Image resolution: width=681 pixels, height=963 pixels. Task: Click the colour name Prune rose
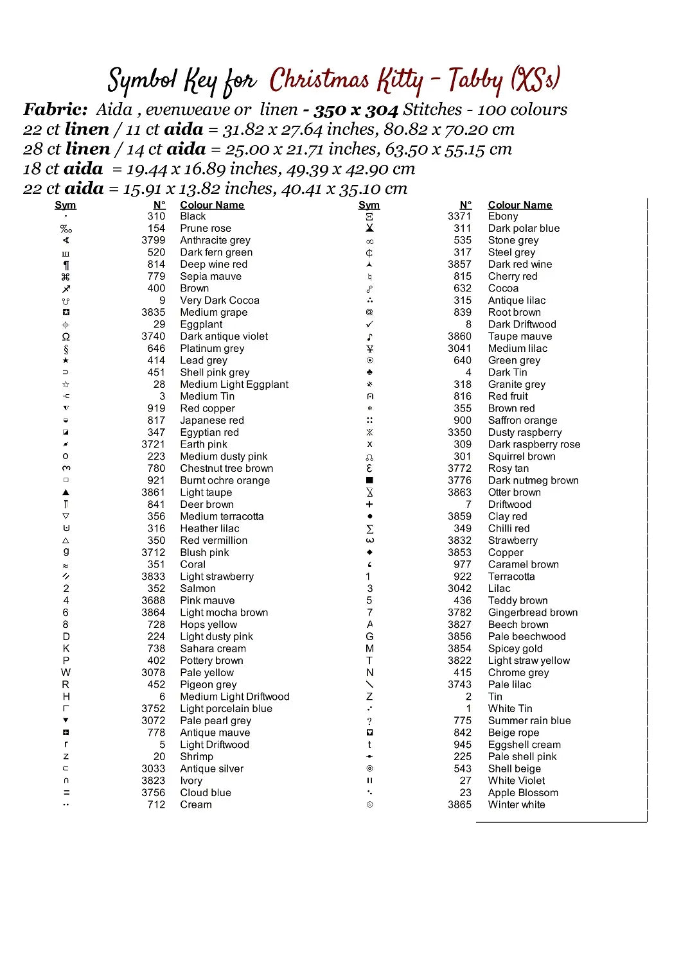(x=206, y=229)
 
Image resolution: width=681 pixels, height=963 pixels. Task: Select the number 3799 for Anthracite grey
(x=154, y=240)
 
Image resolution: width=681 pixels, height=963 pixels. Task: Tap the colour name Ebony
(x=503, y=216)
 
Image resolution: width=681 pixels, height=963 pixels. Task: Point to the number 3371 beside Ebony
(x=459, y=216)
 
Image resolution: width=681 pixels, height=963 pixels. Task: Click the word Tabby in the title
(x=475, y=81)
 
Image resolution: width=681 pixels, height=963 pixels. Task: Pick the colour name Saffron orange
(x=522, y=421)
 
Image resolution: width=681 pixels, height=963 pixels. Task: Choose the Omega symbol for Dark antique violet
(x=66, y=336)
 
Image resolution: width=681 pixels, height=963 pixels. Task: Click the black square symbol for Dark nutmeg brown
(x=369, y=480)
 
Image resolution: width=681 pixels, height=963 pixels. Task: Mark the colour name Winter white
(x=517, y=805)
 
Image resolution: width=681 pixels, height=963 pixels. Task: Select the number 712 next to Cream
(x=156, y=805)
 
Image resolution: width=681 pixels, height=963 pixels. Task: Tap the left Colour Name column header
(x=212, y=205)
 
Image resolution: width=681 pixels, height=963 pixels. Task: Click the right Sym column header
(x=369, y=205)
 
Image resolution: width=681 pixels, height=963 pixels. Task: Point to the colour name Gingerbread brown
(x=533, y=612)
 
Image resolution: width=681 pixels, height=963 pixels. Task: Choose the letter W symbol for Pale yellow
(x=66, y=673)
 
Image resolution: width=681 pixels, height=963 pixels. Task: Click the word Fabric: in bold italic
(x=55, y=110)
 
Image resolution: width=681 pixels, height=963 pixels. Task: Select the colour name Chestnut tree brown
(x=227, y=469)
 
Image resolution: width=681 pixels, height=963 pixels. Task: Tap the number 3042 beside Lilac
(x=459, y=589)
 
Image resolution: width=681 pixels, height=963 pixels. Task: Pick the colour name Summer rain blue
(x=529, y=721)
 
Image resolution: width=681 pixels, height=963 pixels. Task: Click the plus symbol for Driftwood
(x=369, y=505)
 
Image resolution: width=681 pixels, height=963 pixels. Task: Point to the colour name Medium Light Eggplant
(x=234, y=385)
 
